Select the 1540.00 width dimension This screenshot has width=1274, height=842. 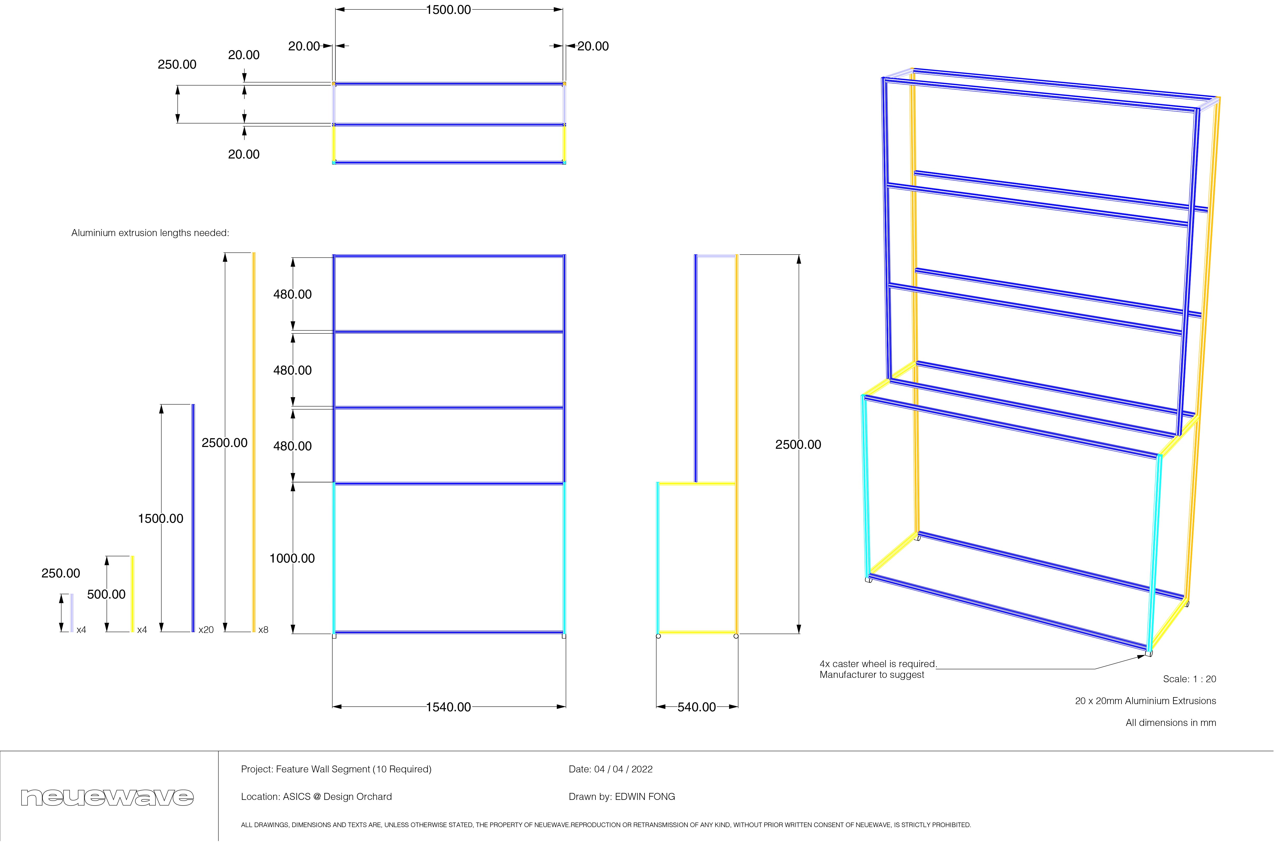(x=448, y=707)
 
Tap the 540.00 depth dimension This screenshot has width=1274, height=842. (x=696, y=707)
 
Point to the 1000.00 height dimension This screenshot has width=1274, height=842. (x=292, y=558)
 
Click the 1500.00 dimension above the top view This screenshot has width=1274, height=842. (x=448, y=10)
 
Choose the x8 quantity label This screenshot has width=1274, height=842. (x=263, y=630)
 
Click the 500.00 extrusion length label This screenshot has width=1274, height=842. (x=106, y=594)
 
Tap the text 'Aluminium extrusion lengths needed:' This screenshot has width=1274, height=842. (x=150, y=233)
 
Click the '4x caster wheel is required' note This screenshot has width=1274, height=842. (x=878, y=664)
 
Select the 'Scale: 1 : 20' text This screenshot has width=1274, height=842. (x=1189, y=679)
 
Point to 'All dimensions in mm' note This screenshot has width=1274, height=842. (x=1171, y=723)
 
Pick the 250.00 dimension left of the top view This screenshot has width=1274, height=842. (x=177, y=64)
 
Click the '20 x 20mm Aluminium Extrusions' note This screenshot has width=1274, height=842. (x=1145, y=701)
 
